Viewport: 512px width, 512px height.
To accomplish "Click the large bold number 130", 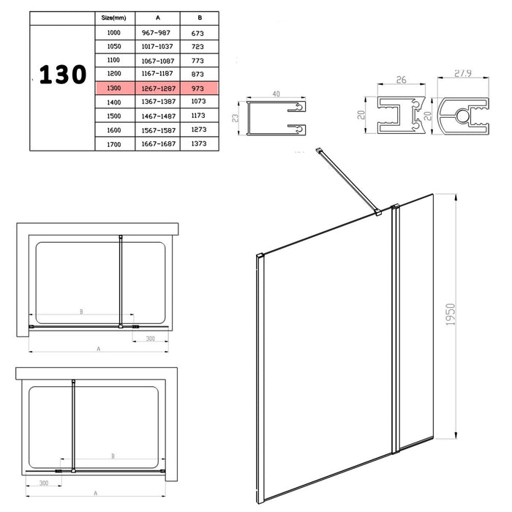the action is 63,75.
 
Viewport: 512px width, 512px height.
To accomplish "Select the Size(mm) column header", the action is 113,18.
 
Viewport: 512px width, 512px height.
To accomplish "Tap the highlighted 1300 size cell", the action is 114,89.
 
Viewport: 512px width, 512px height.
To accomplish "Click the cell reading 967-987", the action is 156,33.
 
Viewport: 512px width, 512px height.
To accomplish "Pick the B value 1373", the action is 199,143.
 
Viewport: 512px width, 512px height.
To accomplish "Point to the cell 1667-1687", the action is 159,143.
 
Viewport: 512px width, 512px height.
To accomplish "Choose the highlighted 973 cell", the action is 198,89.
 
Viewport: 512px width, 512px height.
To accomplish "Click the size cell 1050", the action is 114,46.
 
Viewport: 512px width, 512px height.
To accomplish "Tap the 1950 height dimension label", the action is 451,314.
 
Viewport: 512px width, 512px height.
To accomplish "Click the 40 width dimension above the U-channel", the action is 276,94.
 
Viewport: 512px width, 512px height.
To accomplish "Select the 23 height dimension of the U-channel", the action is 235,118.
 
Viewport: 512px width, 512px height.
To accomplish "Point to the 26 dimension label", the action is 402,80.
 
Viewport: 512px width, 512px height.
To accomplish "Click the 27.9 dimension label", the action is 463,73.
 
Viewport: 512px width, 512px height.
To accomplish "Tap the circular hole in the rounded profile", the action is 462,116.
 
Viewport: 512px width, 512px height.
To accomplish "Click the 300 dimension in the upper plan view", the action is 151,339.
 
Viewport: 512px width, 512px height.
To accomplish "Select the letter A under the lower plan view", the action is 96,493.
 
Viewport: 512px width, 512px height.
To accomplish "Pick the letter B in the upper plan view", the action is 81,312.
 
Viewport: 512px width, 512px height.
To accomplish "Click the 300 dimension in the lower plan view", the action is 44,483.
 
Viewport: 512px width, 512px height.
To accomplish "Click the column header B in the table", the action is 200,18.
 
